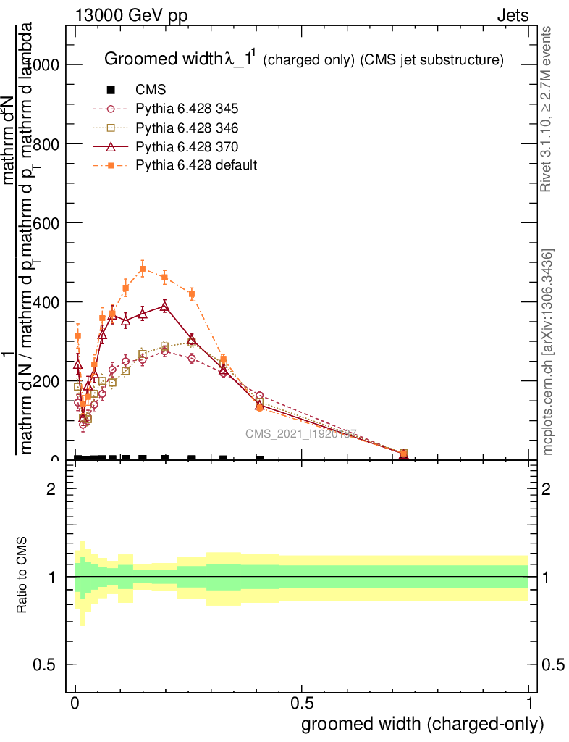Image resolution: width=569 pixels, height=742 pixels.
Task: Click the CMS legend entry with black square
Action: pos(151,90)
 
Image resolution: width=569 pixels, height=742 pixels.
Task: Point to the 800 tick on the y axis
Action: pos(46,144)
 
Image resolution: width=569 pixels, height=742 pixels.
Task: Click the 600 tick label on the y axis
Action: pos(46,223)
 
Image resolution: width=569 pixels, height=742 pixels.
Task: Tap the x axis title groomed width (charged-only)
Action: pos(422,723)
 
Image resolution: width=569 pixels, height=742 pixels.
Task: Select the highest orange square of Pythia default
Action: pos(143,270)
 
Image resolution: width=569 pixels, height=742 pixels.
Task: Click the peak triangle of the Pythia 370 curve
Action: pos(164,307)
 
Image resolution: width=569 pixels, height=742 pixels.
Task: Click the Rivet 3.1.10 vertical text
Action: pos(547,109)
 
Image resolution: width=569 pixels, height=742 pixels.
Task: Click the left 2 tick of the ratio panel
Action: pos(51,489)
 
